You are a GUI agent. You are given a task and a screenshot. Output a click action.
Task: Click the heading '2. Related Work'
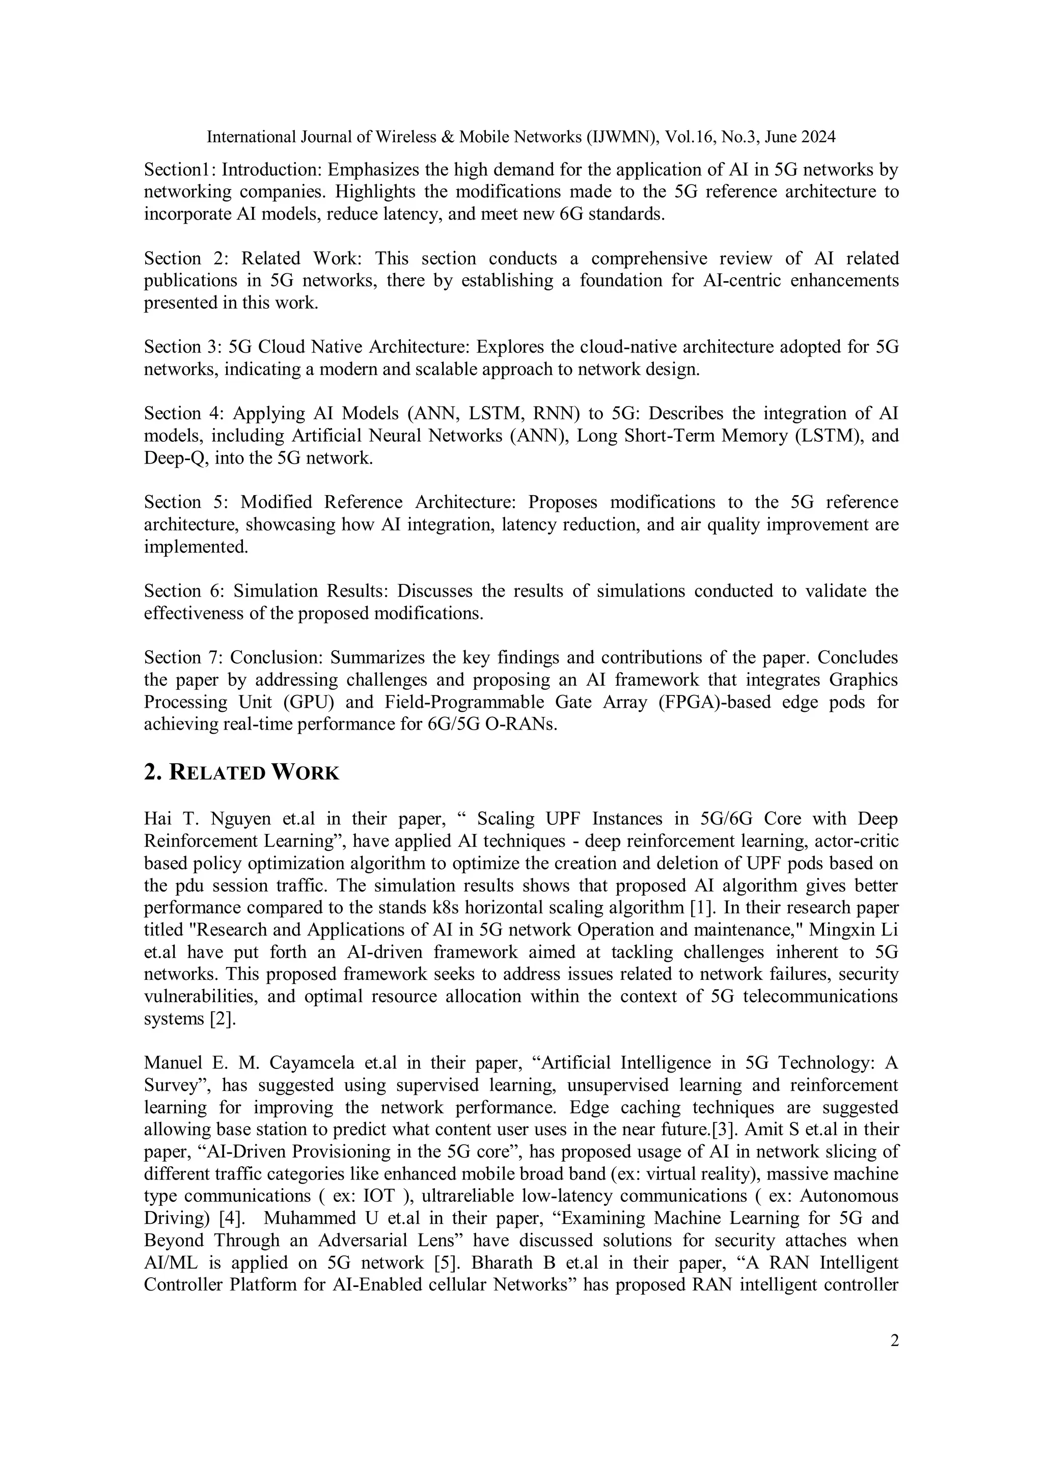(x=241, y=772)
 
